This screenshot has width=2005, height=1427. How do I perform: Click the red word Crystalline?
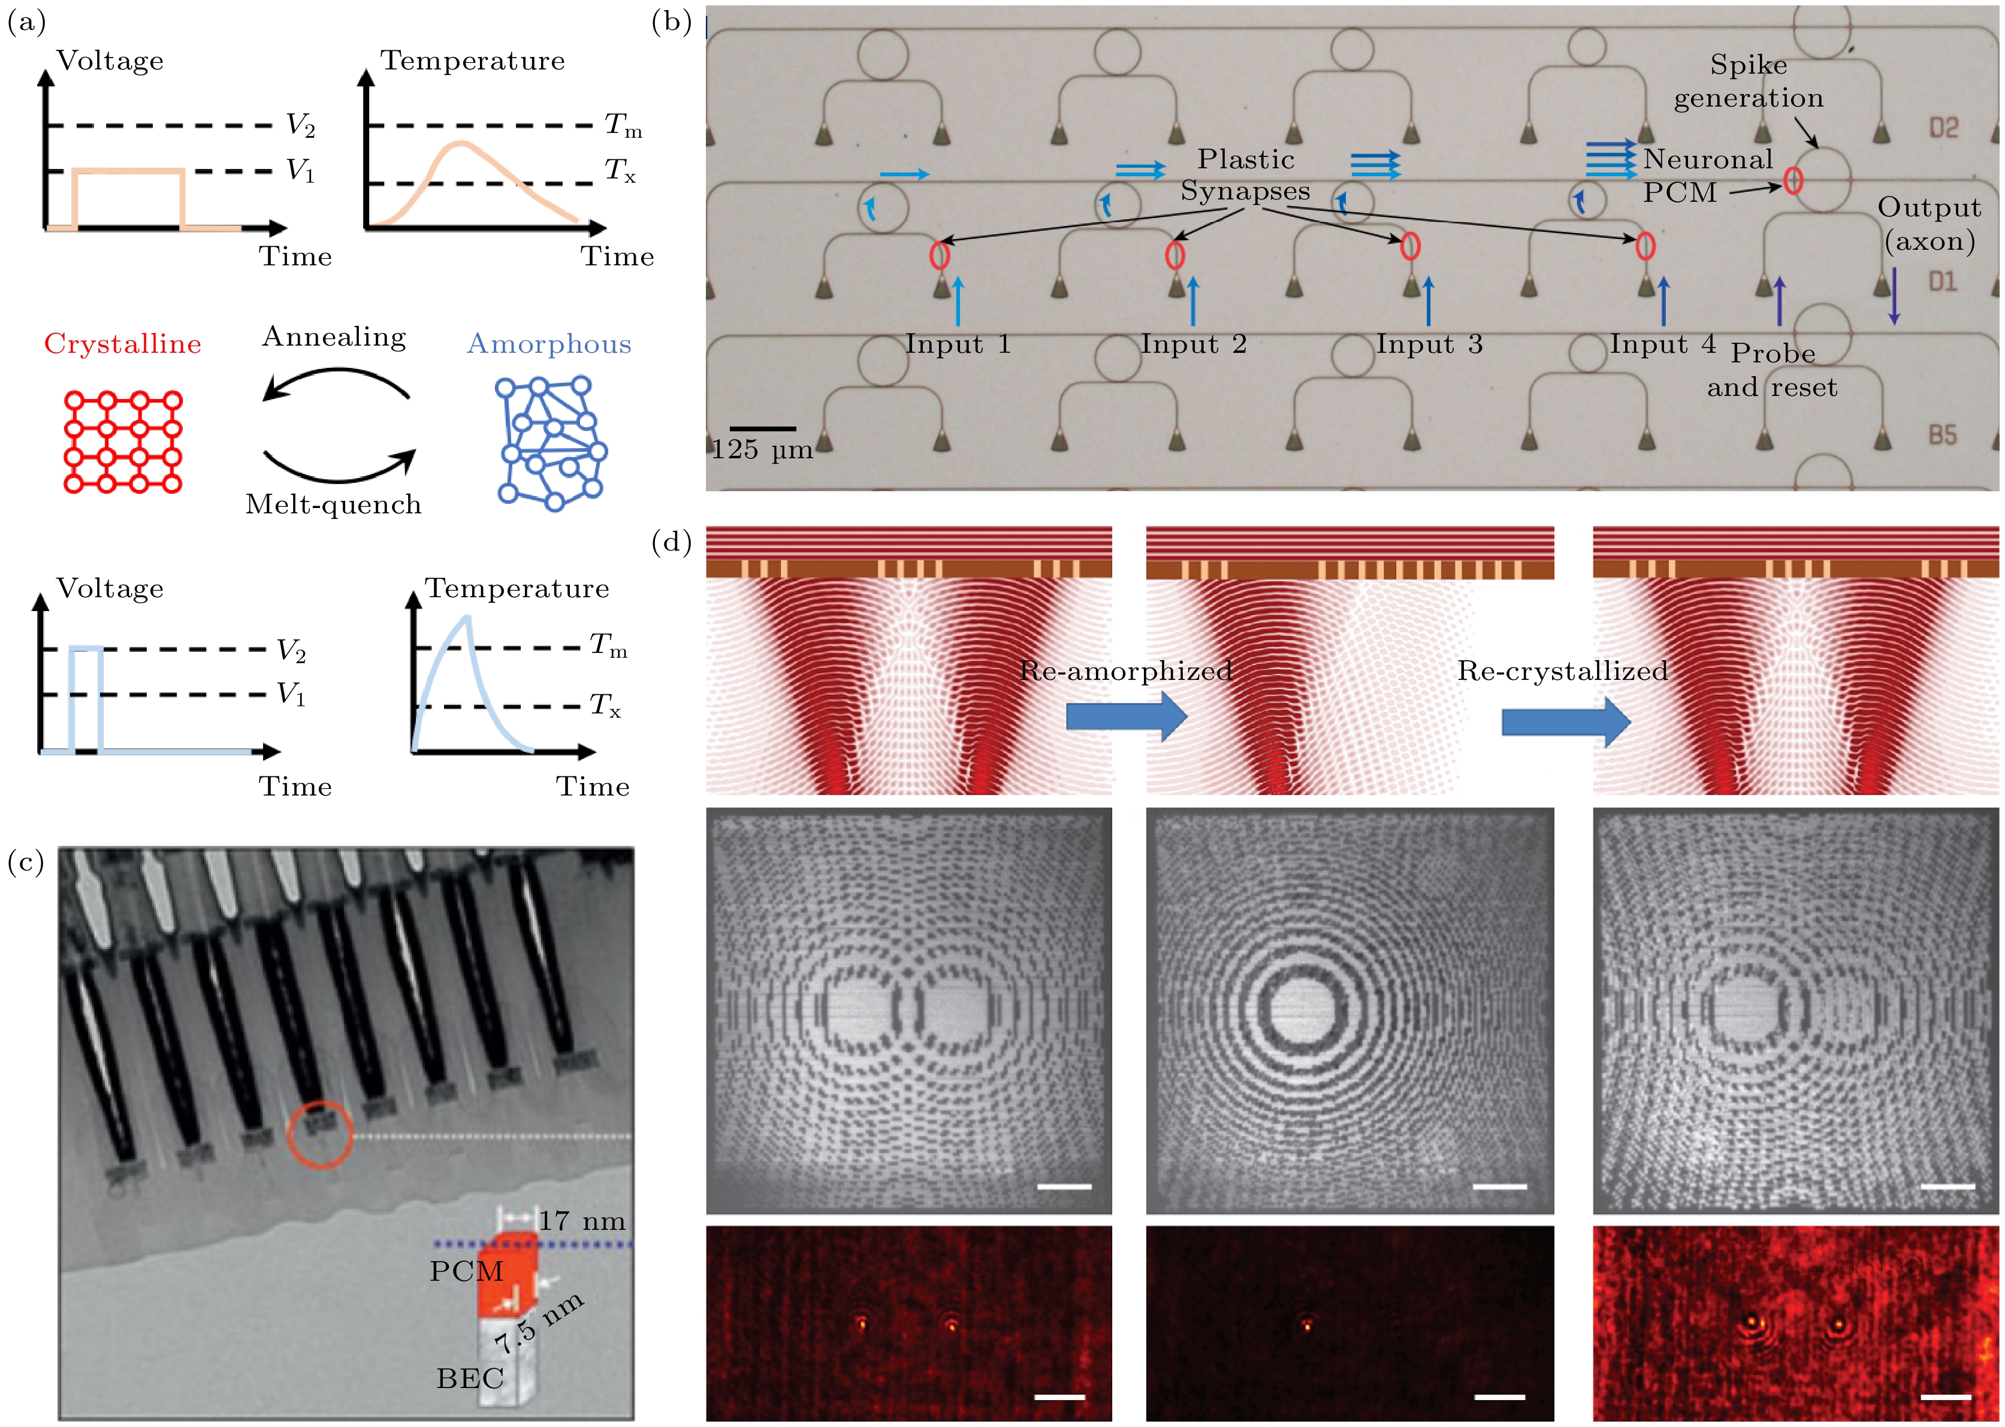[122, 343]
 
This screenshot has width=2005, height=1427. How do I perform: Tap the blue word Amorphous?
[549, 343]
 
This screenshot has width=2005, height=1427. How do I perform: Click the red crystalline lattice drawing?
[123, 442]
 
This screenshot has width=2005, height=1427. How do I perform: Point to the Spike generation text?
[1749, 81]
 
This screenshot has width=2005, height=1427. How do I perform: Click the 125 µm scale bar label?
[761, 450]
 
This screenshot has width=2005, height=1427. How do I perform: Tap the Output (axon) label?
[1929, 224]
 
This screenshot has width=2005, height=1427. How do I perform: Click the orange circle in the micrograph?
[320, 1103]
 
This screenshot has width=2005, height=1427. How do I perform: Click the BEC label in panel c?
[470, 1378]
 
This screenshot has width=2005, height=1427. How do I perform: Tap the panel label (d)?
[672, 542]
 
